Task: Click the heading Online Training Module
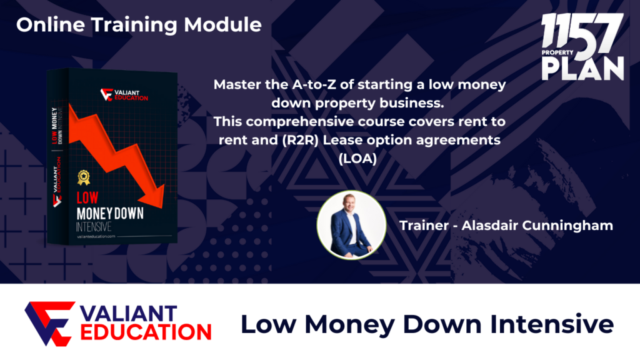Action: click(139, 25)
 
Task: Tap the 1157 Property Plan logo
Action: click(582, 46)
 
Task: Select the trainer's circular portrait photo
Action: click(351, 225)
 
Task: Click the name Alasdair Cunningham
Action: click(537, 225)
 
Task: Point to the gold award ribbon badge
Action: click(84, 177)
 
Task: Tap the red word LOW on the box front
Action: click(87, 198)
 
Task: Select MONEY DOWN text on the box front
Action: click(110, 214)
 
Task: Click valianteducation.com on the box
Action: click(96, 236)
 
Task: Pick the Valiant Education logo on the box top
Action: click(124, 95)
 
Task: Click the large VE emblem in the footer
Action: click(50, 324)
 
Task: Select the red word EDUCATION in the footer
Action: click(146, 332)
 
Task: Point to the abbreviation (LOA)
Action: click(357, 158)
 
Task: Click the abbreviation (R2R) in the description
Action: click(300, 140)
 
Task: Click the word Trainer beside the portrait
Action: click(424, 225)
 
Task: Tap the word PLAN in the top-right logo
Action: click(583, 69)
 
